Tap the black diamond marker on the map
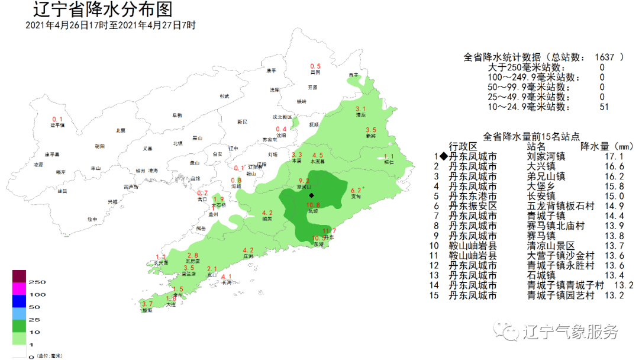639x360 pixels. tap(312, 195)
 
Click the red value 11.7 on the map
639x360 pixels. tap(330, 231)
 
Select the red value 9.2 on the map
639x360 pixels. tap(304, 181)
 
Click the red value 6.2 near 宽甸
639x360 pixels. tap(356, 191)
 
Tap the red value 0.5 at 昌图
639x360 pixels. tap(315, 66)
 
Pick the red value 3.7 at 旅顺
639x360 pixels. tap(147, 304)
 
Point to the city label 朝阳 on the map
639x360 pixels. tap(99, 146)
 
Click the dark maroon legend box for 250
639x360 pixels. tap(20, 276)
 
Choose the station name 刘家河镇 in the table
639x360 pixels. tap(546, 157)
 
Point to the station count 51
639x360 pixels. tap(602, 107)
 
